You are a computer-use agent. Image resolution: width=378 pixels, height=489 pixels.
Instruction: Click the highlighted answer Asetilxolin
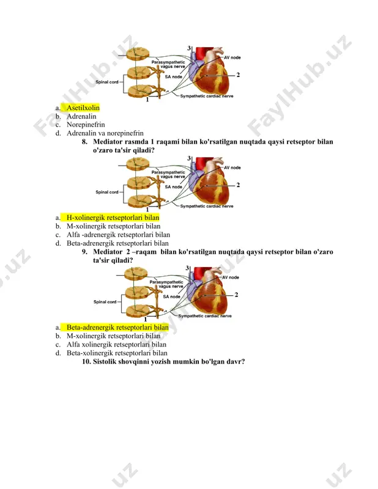pyautogui.click(x=83, y=108)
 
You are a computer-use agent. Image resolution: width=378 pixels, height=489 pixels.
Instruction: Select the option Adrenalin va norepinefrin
pyautogui.click(x=105, y=133)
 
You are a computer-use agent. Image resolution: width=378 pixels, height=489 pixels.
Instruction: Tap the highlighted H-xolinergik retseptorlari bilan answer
pyautogui.click(x=113, y=218)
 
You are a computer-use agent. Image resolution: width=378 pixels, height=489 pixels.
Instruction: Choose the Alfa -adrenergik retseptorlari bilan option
pyautogui.click(x=118, y=235)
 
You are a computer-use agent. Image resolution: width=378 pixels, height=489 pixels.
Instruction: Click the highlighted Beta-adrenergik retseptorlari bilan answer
pyautogui.click(x=117, y=328)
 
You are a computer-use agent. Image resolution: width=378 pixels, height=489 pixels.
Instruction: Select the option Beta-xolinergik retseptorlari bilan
pyautogui.click(x=117, y=353)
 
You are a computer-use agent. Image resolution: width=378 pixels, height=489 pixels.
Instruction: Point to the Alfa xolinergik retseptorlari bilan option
pyautogui.click(x=116, y=345)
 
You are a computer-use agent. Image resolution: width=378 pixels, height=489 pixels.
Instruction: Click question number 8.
pyautogui.click(x=84, y=142)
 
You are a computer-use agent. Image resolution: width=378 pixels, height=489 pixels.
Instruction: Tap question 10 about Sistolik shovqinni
pyautogui.click(x=163, y=362)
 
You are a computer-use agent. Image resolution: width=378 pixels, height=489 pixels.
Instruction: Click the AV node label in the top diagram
pyautogui.click(x=232, y=57)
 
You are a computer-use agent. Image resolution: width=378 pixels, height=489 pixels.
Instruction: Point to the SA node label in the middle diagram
pyautogui.click(x=173, y=187)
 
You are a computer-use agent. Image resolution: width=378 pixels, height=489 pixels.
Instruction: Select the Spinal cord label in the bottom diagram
pyautogui.click(x=105, y=302)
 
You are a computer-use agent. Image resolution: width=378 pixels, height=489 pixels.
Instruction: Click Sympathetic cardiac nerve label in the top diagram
pyautogui.click(x=207, y=96)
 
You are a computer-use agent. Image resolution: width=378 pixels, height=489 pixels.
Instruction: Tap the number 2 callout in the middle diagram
pyautogui.click(x=238, y=185)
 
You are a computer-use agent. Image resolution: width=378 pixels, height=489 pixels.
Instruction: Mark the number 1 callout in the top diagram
pyautogui.click(x=147, y=100)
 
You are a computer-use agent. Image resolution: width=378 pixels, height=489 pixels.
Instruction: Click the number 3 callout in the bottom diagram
pyautogui.click(x=187, y=268)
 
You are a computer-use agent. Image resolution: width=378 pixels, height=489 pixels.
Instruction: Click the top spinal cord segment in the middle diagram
pyautogui.click(x=138, y=164)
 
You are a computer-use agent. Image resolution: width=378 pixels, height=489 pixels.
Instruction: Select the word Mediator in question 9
pyautogui.click(x=108, y=252)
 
